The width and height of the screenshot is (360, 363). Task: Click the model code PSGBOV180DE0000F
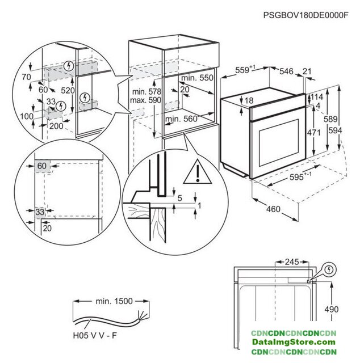click(x=306, y=16)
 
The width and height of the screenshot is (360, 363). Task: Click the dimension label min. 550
click(x=197, y=78)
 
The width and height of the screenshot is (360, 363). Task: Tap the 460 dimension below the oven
click(x=274, y=210)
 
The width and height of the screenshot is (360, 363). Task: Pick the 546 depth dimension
click(x=287, y=71)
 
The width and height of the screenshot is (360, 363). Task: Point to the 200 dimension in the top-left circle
click(x=55, y=126)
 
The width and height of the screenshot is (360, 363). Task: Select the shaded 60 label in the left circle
click(x=41, y=165)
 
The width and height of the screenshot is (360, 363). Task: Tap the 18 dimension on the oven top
click(x=233, y=102)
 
